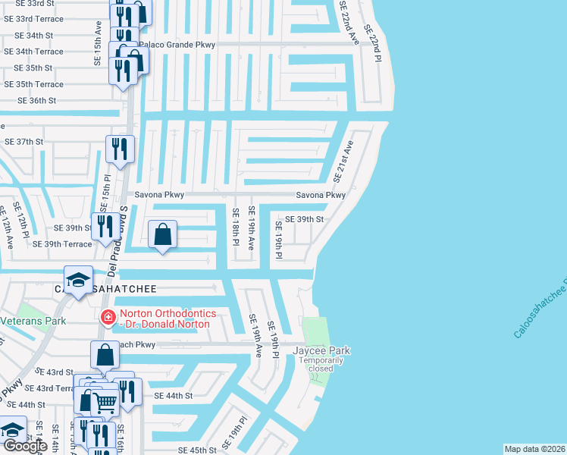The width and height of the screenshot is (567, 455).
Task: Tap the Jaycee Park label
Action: (323, 350)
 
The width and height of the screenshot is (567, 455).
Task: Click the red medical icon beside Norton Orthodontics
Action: (108, 317)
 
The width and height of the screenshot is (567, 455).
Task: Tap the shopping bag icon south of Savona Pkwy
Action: (163, 235)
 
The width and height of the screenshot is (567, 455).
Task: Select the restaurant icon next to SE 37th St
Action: (120, 149)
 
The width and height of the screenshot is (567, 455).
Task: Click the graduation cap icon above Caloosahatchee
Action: (78, 281)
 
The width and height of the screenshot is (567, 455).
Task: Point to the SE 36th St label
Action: (38, 100)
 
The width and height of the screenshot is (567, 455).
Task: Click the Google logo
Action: (25, 447)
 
